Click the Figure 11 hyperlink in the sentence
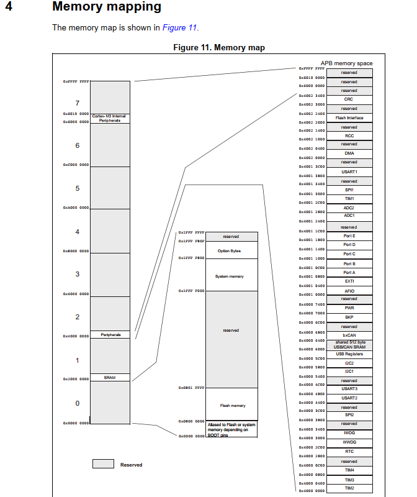tap(180, 27)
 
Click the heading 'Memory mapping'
tap(107, 7)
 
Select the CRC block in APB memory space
tap(349, 99)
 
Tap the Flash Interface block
tap(349, 117)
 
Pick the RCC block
tap(349, 135)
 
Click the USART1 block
tap(349, 171)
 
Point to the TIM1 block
tap(349, 198)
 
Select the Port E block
tap(349, 236)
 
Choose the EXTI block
tap(349, 281)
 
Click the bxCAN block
tap(349, 335)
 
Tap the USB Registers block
tap(349, 353)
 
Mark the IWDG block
tap(349, 433)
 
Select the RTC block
tap(349, 452)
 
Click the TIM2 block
tap(349, 488)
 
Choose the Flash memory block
tap(231, 406)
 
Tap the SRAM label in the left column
tap(110, 377)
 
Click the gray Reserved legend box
tap(103, 463)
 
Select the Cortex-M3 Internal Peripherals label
tap(110, 117)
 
